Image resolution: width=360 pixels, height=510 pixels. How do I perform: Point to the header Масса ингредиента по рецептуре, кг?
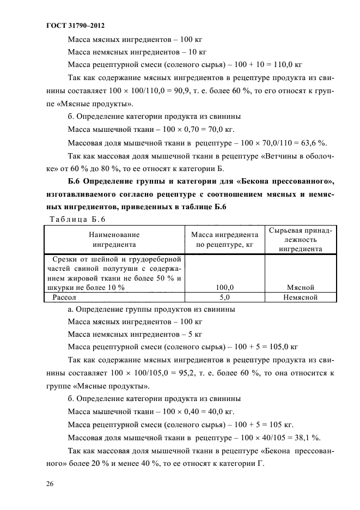224,240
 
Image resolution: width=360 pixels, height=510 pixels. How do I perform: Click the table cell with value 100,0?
224,287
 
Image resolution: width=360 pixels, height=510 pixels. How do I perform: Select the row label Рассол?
64,297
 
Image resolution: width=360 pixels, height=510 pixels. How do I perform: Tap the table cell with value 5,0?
224,297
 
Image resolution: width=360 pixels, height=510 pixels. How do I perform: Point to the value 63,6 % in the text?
314,143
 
